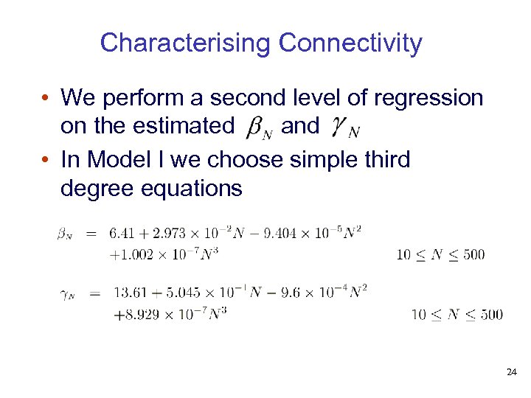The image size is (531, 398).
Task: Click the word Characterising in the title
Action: tap(185, 43)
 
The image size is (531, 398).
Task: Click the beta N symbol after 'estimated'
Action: tap(259, 128)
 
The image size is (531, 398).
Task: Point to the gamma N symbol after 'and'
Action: tap(343, 128)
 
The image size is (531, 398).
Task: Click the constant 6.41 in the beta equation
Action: tap(122, 234)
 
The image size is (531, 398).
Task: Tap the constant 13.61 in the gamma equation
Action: tap(131, 293)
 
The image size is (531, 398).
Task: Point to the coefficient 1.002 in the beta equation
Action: tap(138, 254)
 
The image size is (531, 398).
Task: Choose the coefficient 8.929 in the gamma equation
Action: tap(145, 313)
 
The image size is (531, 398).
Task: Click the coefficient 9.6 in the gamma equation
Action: tap(289, 293)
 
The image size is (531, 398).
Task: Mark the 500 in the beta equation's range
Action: tap(473, 255)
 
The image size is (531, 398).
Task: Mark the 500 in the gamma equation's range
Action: tap(490, 315)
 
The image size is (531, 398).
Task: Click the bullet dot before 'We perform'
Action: tap(46, 98)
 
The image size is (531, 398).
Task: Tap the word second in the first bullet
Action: tap(243, 97)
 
